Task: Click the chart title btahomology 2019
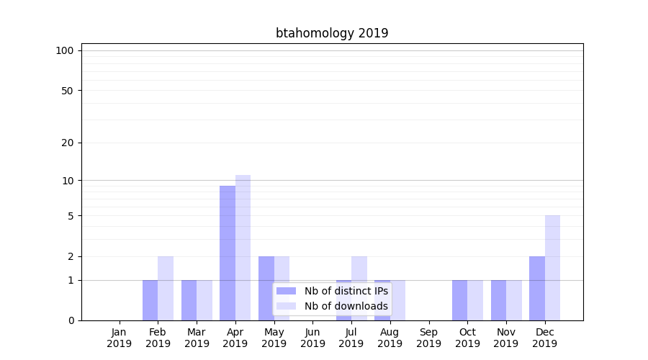tap(332, 33)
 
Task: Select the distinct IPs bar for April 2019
tap(228, 253)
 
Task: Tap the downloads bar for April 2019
tap(243, 248)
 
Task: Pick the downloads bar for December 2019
tap(552, 268)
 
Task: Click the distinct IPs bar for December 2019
tap(537, 288)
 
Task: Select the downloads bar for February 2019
tap(166, 288)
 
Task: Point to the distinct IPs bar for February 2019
tap(150, 300)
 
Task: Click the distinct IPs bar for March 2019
tap(189, 300)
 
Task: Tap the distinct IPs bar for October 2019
tap(459, 300)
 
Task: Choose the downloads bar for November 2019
tap(513, 300)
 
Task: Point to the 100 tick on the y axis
tap(65, 50)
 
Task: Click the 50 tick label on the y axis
tap(67, 91)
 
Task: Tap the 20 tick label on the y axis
tap(67, 143)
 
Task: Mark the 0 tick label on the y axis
tap(71, 320)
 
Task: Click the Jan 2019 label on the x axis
tap(120, 338)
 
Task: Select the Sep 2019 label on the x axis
tap(428, 338)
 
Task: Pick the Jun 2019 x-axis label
tap(312, 338)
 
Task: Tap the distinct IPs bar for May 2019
tap(266, 288)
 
